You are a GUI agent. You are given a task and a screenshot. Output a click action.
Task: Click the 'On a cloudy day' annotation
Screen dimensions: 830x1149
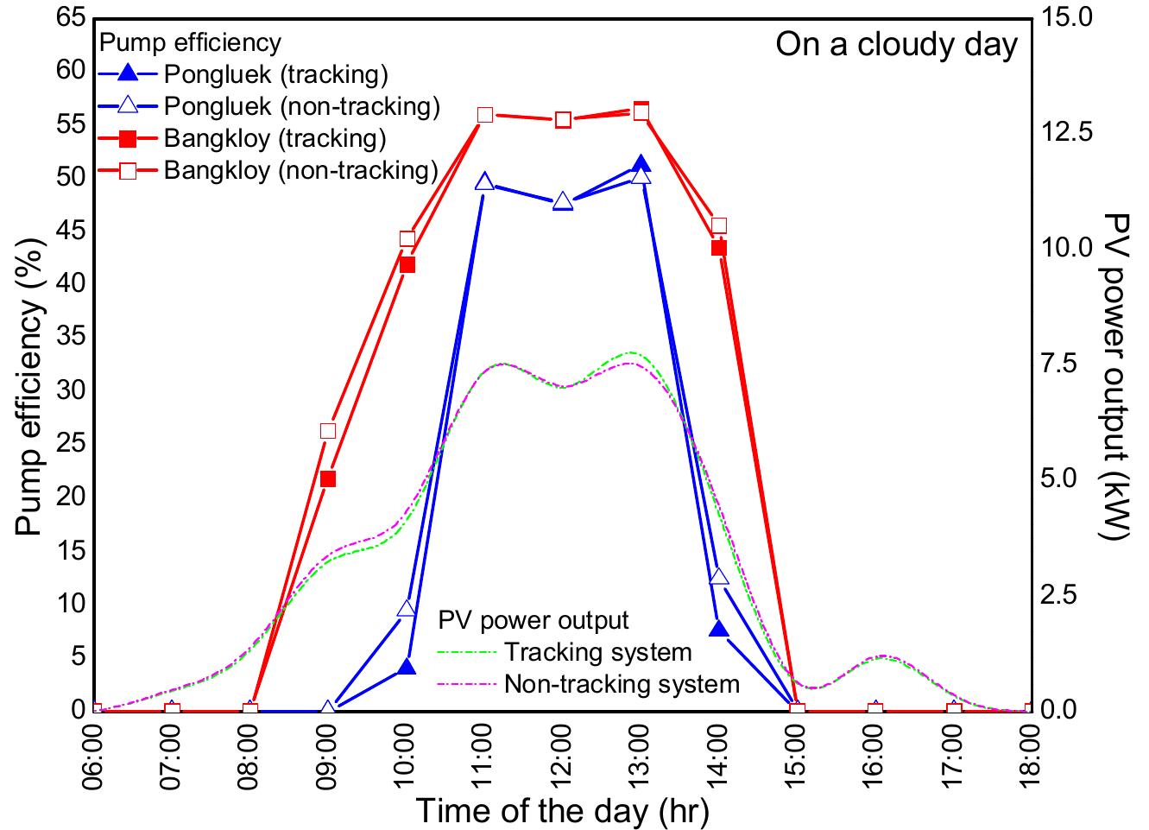point(896,44)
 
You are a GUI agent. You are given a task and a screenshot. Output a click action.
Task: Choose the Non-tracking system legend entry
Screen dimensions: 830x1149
point(622,684)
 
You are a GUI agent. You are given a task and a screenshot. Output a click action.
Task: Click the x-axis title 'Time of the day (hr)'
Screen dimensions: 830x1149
point(562,811)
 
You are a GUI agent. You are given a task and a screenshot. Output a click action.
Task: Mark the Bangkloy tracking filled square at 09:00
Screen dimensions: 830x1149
point(328,478)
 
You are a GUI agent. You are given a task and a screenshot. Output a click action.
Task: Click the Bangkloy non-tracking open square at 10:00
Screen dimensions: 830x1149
point(407,238)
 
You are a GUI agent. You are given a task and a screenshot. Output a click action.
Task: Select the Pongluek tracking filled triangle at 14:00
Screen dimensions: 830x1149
point(719,630)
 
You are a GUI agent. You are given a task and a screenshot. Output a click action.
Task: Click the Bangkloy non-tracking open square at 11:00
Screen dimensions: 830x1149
point(485,115)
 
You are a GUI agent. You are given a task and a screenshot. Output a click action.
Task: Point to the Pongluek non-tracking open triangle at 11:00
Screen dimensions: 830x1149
point(485,182)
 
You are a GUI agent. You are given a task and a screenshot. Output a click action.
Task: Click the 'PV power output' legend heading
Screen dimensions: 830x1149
point(533,620)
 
